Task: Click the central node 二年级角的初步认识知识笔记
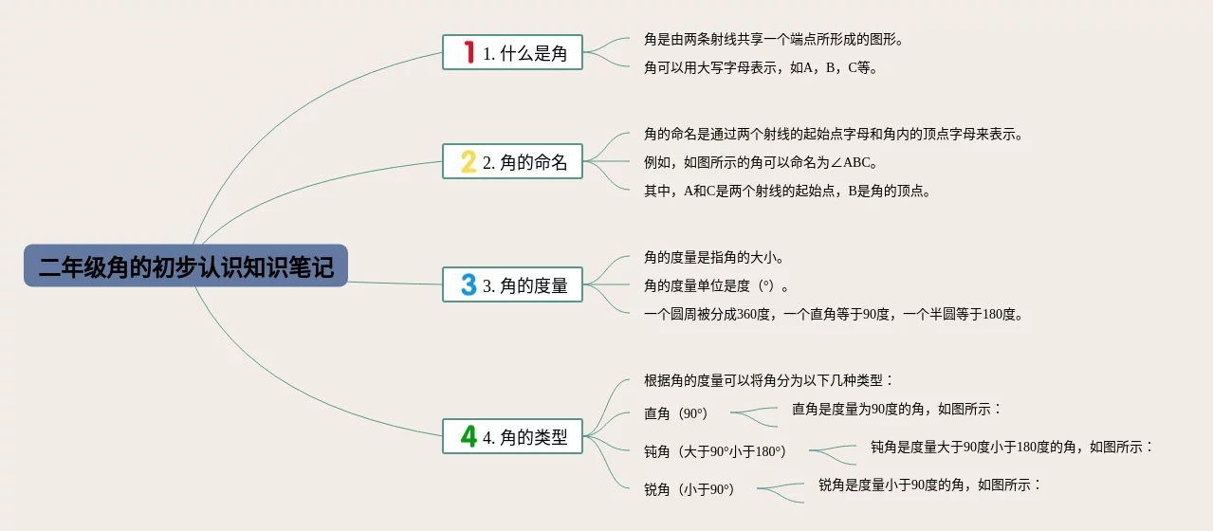pyautogui.click(x=186, y=266)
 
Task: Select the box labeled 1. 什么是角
pyautogui.click(x=512, y=52)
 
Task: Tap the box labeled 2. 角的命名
pyautogui.click(x=512, y=161)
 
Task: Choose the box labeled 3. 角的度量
pyautogui.click(x=512, y=284)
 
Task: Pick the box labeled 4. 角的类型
pyautogui.click(x=512, y=436)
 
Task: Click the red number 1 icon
pyautogui.click(x=468, y=52)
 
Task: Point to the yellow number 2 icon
pyautogui.click(x=468, y=161)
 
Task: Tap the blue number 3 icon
pyautogui.click(x=468, y=284)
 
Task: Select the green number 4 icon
pyautogui.click(x=468, y=436)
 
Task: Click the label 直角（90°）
pyautogui.click(x=675, y=413)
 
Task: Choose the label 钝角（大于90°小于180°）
pyautogui.click(x=714, y=451)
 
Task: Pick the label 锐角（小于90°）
pyautogui.click(x=689, y=489)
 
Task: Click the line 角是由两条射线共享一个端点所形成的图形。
pyautogui.click(x=773, y=40)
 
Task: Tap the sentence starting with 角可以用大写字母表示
pyautogui.click(x=761, y=67)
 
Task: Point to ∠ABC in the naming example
pyautogui.click(x=848, y=162)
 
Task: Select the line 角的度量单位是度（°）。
pyautogui.click(x=716, y=285)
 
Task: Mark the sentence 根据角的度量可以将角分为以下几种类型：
pyautogui.click(x=768, y=380)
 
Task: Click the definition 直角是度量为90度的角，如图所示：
pyautogui.click(x=896, y=409)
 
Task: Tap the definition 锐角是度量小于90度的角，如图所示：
pyautogui.click(x=929, y=485)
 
